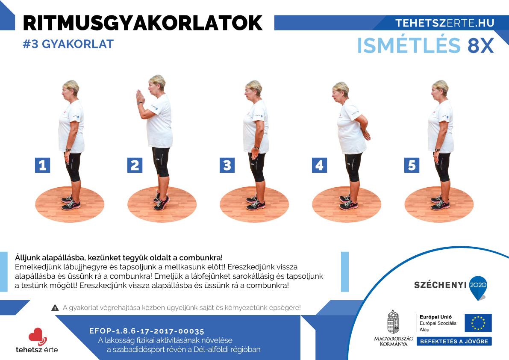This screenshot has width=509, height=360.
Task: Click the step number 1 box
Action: (x=43, y=165)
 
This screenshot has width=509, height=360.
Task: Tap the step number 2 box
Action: (x=135, y=165)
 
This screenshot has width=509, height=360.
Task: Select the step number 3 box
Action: (x=227, y=165)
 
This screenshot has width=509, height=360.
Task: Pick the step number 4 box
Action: (x=319, y=165)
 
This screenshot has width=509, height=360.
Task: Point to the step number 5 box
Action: (x=412, y=165)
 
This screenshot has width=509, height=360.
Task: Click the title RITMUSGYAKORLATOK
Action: (x=142, y=23)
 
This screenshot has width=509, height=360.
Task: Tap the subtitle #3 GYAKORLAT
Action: (x=68, y=44)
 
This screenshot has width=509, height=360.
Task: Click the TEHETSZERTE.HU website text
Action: (x=445, y=23)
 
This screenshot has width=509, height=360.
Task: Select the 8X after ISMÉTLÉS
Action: (x=481, y=45)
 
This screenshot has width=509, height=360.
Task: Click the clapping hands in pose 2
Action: (x=140, y=96)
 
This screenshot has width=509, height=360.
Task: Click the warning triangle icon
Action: (x=55, y=308)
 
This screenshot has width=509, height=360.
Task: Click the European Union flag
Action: (x=478, y=323)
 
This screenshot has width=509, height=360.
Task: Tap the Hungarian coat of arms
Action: (x=393, y=322)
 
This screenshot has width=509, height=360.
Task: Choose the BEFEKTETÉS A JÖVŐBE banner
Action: (x=454, y=342)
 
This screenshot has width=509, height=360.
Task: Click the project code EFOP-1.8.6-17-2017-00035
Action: (x=147, y=331)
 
